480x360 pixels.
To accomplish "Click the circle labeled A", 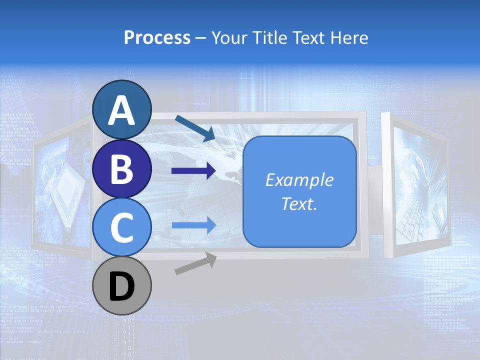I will click(x=122, y=109).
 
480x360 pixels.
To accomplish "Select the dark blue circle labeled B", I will click(x=122, y=168).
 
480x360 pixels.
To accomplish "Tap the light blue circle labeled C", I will click(x=122, y=227).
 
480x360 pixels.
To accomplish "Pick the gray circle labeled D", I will click(x=122, y=286).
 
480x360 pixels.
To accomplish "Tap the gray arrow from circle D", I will click(x=195, y=264).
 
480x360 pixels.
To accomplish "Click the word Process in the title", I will click(x=157, y=37).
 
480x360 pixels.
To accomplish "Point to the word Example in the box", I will click(x=299, y=180).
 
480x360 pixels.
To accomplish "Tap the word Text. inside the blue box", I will click(x=299, y=203).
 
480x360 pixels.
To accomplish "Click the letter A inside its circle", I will click(x=122, y=110).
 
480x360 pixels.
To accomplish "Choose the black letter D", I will click(x=122, y=287).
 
